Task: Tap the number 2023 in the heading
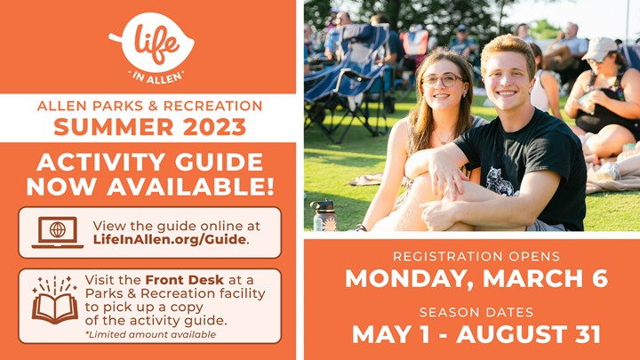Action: (x=215, y=127)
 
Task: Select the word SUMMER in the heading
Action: (x=116, y=127)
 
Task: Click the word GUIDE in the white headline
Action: (x=220, y=163)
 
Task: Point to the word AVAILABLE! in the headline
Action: (x=190, y=187)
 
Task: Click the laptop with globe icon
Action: (x=58, y=232)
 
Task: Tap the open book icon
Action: (x=55, y=300)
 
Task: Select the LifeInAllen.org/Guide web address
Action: (x=170, y=239)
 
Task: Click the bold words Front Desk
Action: (x=185, y=280)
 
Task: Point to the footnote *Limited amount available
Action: (x=150, y=335)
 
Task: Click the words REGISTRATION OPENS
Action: (x=476, y=256)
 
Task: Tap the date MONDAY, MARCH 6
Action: (x=476, y=279)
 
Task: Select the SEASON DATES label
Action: (x=476, y=312)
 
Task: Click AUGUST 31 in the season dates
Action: (x=528, y=334)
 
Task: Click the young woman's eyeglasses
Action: (x=443, y=80)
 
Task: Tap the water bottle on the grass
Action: (x=324, y=215)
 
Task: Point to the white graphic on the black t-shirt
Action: (x=500, y=181)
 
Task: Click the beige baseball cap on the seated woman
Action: (x=599, y=48)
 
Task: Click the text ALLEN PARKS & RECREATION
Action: (x=150, y=106)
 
